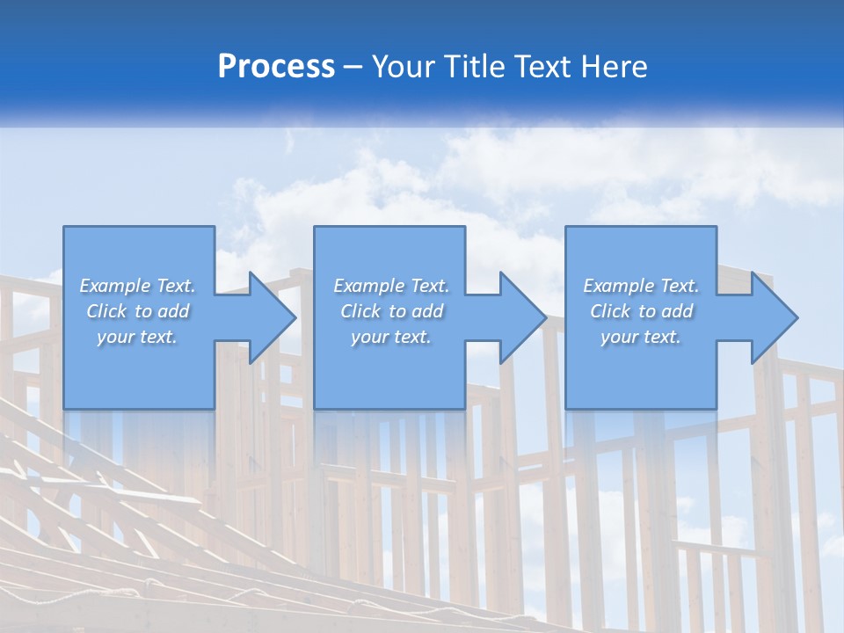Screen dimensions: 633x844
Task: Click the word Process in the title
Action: [x=276, y=67]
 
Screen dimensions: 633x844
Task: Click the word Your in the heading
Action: [x=405, y=67]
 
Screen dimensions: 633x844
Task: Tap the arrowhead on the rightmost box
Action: [x=773, y=317]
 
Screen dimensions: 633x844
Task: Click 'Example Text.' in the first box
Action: [x=137, y=286]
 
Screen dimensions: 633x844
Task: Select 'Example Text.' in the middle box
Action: [x=391, y=286]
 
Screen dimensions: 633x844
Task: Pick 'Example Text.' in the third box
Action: [x=641, y=286]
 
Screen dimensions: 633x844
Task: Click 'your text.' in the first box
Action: [x=137, y=337]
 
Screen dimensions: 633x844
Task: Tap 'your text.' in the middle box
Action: [x=391, y=337]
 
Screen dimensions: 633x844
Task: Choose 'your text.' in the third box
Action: [x=641, y=337]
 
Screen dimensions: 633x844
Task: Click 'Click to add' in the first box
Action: [x=137, y=311]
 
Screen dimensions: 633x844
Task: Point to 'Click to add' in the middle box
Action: [x=391, y=311]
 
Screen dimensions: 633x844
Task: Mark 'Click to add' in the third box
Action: [x=641, y=311]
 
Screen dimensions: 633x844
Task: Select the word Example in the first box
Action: [x=114, y=286]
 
